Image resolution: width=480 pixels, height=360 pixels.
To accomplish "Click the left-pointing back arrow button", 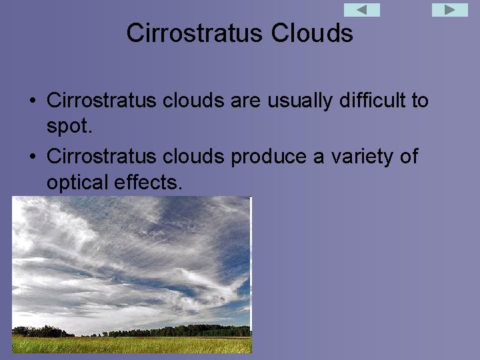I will click(362, 10).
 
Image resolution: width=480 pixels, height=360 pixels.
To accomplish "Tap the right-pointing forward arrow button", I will click(450, 10).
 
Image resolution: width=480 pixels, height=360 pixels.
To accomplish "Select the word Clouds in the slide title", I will click(312, 33).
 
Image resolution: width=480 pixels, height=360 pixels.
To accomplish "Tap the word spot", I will click(69, 125).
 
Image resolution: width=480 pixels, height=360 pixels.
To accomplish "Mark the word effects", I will click(153, 182).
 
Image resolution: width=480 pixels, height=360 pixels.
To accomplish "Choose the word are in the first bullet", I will click(249, 101).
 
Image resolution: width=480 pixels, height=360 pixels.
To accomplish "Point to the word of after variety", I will click(408, 157).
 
